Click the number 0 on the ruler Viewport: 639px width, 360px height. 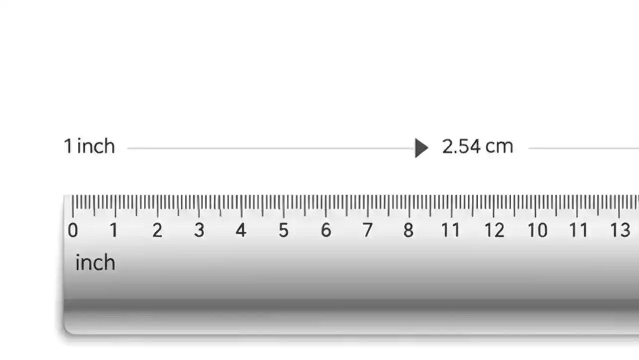(x=73, y=230)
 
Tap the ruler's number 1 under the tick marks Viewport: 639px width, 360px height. (x=114, y=230)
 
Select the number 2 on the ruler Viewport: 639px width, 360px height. (x=157, y=230)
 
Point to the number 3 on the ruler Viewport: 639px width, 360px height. (x=199, y=230)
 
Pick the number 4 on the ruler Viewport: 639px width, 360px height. (x=241, y=230)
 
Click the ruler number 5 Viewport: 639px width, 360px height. (x=284, y=230)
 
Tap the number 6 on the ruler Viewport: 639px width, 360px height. (x=325, y=230)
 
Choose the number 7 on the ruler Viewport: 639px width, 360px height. (x=367, y=230)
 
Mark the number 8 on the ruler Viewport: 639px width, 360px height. (x=409, y=230)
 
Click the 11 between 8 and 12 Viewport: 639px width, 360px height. (x=450, y=230)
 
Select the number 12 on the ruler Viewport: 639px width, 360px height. (x=494, y=230)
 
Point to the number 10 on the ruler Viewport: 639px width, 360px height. (x=538, y=230)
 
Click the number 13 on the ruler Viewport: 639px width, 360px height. (x=620, y=230)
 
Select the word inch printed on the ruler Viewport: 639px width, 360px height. (x=95, y=263)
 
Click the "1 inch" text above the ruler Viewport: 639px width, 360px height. (x=89, y=146)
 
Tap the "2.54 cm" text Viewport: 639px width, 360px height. (x=477, y=146)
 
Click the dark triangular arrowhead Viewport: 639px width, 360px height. (x=421, y=148)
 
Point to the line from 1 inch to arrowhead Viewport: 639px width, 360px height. (x=270, y=148)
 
